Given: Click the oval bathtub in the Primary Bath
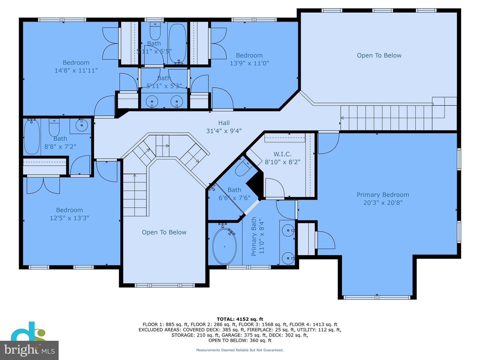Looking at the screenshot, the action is click(x=224, y=246).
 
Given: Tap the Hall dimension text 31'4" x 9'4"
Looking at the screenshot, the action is click(x=224, y=131).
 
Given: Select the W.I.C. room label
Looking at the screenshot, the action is click(x=282, y=154).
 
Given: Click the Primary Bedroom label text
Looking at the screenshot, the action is click(x=383, y=195).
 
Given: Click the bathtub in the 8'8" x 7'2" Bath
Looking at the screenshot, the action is click(x=32, y=137).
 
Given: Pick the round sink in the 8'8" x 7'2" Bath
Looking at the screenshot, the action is click(x=82, y=125).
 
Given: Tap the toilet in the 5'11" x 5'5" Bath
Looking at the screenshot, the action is click(x=155, y=31).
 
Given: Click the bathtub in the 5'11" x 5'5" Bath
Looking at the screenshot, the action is click(x=178, y=44).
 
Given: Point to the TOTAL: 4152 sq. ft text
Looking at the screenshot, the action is click(x=240, y=319).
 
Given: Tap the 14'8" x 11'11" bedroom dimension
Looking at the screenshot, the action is click(x=76, y=71).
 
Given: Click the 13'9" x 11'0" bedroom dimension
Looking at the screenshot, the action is click(x=249, y=63).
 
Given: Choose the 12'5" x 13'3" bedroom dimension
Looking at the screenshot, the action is click(x=69, y=218).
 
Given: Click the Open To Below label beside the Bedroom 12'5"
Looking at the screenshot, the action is click(x=164, y=232).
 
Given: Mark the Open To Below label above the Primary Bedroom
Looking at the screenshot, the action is click(x=379, y=56).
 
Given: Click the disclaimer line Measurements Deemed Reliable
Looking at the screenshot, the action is click(x=240, y=350).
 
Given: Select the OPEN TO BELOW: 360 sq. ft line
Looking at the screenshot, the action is click(x=240, y=340).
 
